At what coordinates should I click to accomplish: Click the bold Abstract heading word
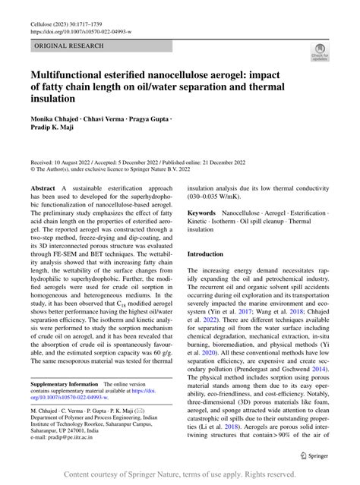(x=43, y=187)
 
